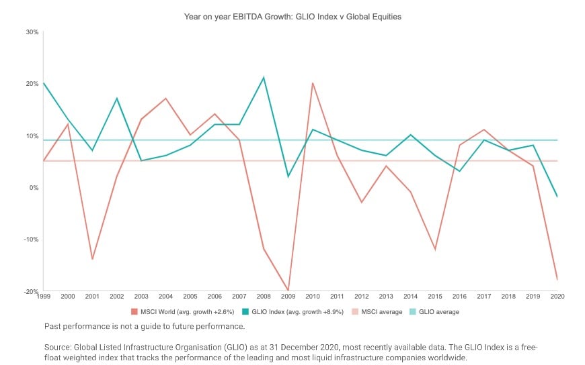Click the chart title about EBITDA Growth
pos(292,17)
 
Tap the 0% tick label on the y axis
pos(35,187)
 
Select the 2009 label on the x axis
pos(288,296)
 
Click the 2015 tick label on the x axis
pos(435,296)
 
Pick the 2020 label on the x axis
pos(557,296)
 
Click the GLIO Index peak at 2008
pos(264,78)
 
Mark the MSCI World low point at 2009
pos(288,291)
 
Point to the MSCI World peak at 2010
pos(313,83)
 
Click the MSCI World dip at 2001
pos(92,259)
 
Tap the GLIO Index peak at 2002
pos(117,99)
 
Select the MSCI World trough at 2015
pos(435,249)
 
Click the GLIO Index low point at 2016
pos(459,171)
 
